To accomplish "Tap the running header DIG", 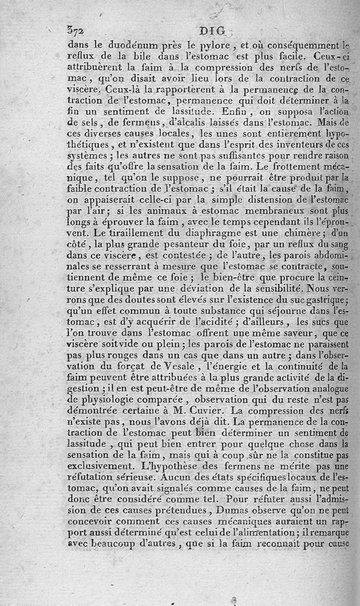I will [213, 32].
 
